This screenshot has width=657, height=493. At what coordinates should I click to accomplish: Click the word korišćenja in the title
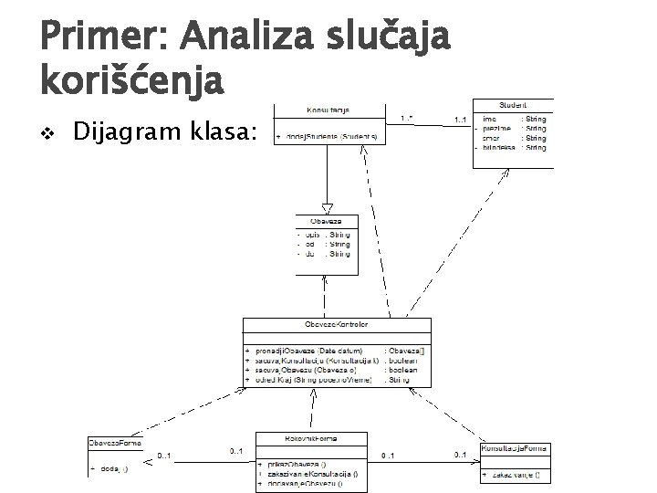[x=130, y=81]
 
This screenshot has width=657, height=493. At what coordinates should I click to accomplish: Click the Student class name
[x=512, y=105]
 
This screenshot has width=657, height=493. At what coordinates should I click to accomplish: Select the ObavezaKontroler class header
[x=337, y=325]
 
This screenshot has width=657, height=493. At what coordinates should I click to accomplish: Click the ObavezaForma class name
[x=114, y=443]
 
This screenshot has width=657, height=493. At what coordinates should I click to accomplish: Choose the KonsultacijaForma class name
[x=515, y=447]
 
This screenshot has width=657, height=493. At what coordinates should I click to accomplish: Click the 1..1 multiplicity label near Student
[x=461, y=120]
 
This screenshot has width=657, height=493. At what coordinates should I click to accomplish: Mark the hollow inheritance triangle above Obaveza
[x=327, y=208]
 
